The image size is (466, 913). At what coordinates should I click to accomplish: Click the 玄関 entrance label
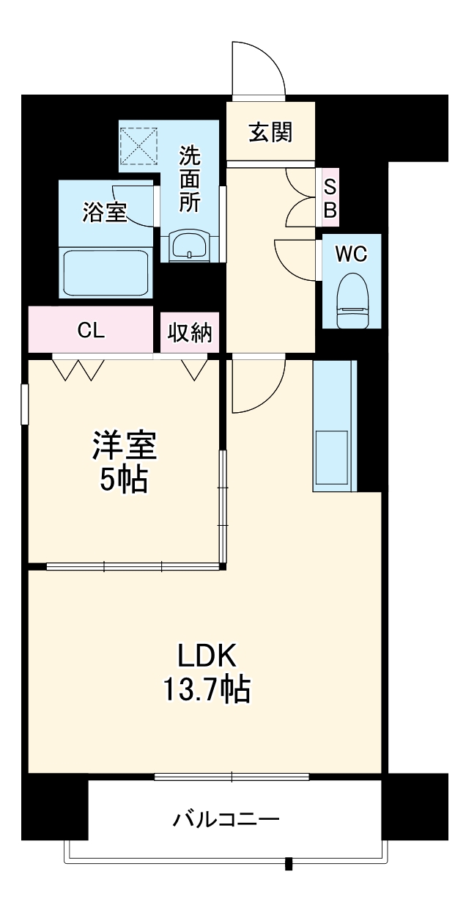[x=270, y=133]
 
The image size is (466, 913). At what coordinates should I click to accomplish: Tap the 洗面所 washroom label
[x=190, y=180]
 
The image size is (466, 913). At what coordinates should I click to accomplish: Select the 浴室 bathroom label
[x=105, y=213]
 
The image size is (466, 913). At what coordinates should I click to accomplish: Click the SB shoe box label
[x=330, y=198]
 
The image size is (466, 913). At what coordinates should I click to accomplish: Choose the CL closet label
[x=92, y=330]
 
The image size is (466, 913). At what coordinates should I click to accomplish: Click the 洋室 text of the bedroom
[x=124, y=446]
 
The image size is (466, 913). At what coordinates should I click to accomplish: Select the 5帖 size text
[x=124, y=480]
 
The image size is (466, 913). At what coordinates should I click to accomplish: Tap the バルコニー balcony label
[x=226, y=818]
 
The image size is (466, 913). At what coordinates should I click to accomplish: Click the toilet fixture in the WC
[x=352, y=301]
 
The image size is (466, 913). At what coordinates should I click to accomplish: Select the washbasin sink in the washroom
[x=191, y=245]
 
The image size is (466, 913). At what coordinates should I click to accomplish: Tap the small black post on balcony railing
[x=289, y=863]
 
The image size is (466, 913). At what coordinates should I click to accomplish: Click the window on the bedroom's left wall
[x=24, y=404]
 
